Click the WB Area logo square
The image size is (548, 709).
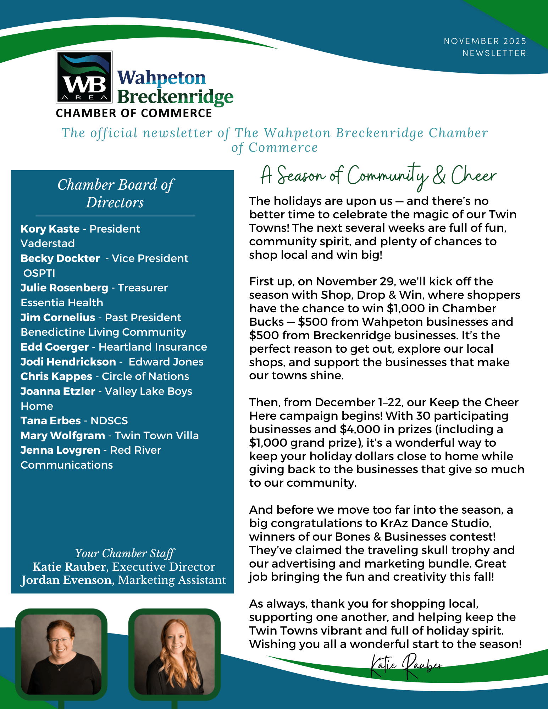click(x=84, y=77)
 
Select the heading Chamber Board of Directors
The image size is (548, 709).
click(x=116, y=194)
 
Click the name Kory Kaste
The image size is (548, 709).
click(x=50, y=229)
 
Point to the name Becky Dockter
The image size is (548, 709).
click(x=60, y=258)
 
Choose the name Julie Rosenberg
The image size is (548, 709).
click(x=64, y=288)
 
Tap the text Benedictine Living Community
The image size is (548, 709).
click(x=103, y=332)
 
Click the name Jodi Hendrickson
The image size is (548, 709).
click(x=68, y=362)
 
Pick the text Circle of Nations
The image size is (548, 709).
click(x=145, y=376)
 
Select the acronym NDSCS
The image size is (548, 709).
click(x=109, y=421)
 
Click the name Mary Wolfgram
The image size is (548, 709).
click(x=63, y=436)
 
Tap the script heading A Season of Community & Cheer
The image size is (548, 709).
click(x=378, y=176)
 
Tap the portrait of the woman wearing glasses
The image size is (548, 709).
click(x=61, y=654)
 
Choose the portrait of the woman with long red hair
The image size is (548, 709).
click(x=174, y=654)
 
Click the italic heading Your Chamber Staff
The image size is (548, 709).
click(x=124, y=553)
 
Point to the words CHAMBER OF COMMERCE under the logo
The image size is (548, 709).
click(x=134, y=113)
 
